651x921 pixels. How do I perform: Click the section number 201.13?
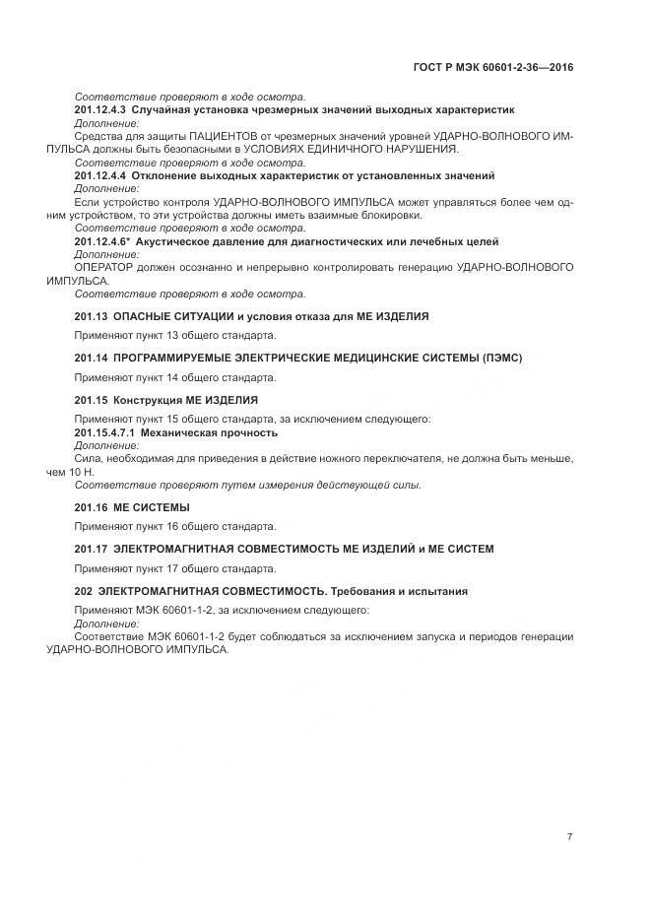pos(91,316)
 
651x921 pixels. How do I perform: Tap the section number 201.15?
pos(91,401)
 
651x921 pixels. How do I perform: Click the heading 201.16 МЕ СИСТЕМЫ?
pos(132,507)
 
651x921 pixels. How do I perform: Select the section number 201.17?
pos(91,549)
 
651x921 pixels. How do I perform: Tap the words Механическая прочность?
pos(210,432)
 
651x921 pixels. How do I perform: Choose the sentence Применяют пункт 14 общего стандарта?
pos(175,377)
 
